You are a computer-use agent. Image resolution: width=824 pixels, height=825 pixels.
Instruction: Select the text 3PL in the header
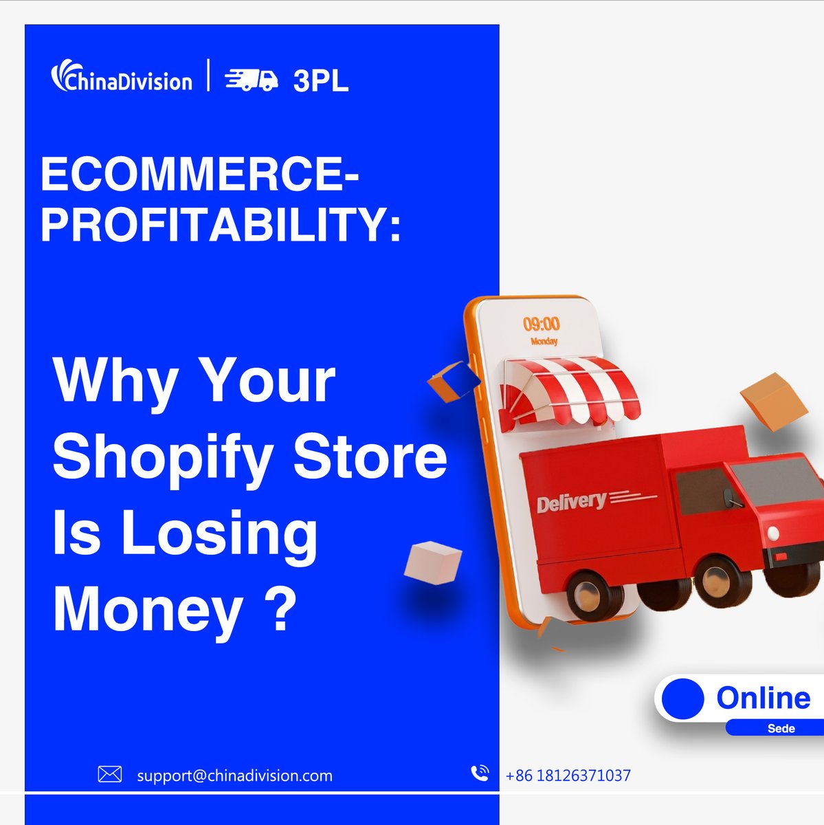coord(320,81)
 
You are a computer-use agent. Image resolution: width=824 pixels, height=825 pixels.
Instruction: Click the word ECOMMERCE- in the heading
coord(199,175)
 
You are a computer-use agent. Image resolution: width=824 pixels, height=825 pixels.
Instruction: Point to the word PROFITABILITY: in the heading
coord(221,225)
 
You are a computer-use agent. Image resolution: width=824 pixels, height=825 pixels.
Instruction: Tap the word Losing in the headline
coord(220,534)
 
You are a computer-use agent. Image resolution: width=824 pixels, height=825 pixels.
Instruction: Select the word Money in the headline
coord(148,609)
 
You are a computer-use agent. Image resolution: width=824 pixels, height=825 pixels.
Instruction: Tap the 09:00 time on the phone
coord(542,324)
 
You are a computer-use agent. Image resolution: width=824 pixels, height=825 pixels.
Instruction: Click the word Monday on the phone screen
coord(544,341)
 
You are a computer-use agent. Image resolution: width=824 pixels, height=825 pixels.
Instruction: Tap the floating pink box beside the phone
coord(432,562)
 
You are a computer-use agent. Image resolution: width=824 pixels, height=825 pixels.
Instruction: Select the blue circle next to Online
coord(683,698)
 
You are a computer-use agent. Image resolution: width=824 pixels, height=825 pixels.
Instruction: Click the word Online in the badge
coord(763,698)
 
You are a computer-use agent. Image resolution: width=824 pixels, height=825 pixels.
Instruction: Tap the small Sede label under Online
coord(781,728)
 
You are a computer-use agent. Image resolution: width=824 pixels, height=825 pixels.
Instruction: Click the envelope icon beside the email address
coord(110,775)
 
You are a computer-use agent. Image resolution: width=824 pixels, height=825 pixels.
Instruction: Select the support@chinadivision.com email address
coord(234,775)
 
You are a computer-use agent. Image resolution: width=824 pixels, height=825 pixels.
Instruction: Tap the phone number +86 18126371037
coord(568,775)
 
